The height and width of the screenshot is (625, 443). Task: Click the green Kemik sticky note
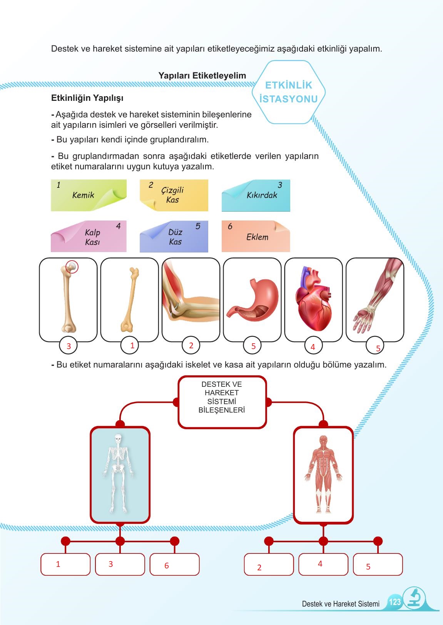pyautogui.click(x=89, y=195)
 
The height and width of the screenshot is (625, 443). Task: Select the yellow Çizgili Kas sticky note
pyautogui.click(x=174, y=195)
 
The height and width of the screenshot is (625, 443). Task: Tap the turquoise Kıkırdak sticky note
pyautogui.click(x=256, y=195)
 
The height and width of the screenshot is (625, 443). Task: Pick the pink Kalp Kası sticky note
pyautogui.click(x=89, y=237)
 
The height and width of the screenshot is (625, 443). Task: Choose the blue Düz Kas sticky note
pyautogui.click(x=174, y=237)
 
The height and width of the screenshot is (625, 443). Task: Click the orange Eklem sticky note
pyautogui.click(x=256, y=237)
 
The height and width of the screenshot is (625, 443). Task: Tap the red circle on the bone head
pyautogui.click(x=72, y=266)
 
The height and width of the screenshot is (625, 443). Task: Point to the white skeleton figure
pyautogui.click(x=119, y=473)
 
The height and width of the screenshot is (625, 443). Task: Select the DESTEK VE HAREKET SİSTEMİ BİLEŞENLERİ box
pyautogui.click(x=222, y=402)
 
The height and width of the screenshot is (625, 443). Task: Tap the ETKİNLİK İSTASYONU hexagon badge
pyautogui.click(x=289, y=92)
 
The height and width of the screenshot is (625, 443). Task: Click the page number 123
pyautogui.click(x=395, y=602)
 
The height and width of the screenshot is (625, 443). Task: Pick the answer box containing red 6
pyautogui.click(x=174, y=565)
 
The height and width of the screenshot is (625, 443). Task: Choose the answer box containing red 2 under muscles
pyautogui.click(x=269, y=565)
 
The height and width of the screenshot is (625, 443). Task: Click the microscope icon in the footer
pyautogui.click(x=414, y=598)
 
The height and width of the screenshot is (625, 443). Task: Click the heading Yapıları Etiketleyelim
pyautogui.click(x=202, y=76)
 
